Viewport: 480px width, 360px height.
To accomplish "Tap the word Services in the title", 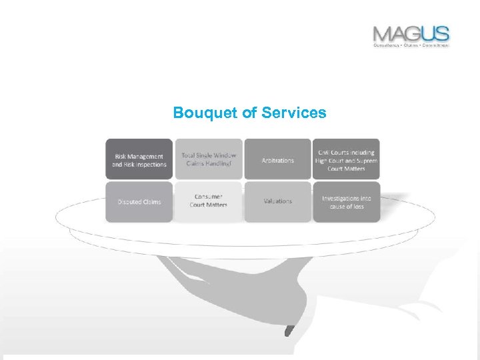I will click(294, 113).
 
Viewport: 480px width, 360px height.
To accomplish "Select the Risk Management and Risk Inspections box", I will click(139, 159).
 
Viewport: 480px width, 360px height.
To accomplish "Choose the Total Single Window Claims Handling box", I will click(209, 159).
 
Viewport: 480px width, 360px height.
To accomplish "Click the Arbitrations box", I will click(277, 159).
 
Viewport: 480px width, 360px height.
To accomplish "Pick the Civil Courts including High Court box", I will click(346, 159).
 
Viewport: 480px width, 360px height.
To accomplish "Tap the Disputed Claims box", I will click(139, 201).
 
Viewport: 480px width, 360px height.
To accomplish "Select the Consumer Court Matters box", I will click(209, 201).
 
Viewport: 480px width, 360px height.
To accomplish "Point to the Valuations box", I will click(277, 201).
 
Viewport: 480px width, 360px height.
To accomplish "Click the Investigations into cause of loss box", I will click(346, 201).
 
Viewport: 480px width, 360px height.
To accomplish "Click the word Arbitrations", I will click(277, 161).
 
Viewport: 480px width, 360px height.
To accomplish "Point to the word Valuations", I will click(277, 201).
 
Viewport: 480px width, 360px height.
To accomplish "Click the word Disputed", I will click(128, 202).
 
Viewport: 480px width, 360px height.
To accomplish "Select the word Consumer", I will click(209, 197).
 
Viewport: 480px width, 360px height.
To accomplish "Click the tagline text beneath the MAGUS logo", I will click(411, 45).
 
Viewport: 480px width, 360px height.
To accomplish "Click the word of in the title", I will click(249, 113).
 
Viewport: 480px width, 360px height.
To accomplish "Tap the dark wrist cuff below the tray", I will click(289, 330).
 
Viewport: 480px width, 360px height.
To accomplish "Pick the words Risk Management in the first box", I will click(139, 156).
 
